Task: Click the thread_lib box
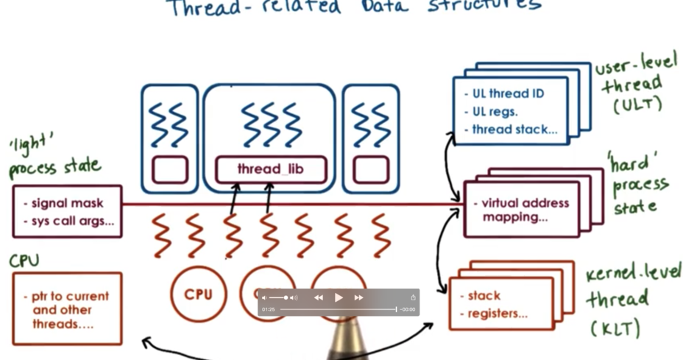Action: (270, 169)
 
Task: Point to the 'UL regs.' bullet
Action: (495, 112)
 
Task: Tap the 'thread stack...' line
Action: (514, 130)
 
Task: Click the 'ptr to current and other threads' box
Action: (67, 309)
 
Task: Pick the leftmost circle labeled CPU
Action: (198, 294)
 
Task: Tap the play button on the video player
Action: (339, 297)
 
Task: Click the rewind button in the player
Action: (319, 297)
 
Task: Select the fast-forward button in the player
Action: (358, 297)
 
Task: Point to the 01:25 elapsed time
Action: (269, 309)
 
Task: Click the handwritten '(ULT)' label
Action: (637, 105)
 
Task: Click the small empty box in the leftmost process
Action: (169, 169)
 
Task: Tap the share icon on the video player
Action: (413, 297)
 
